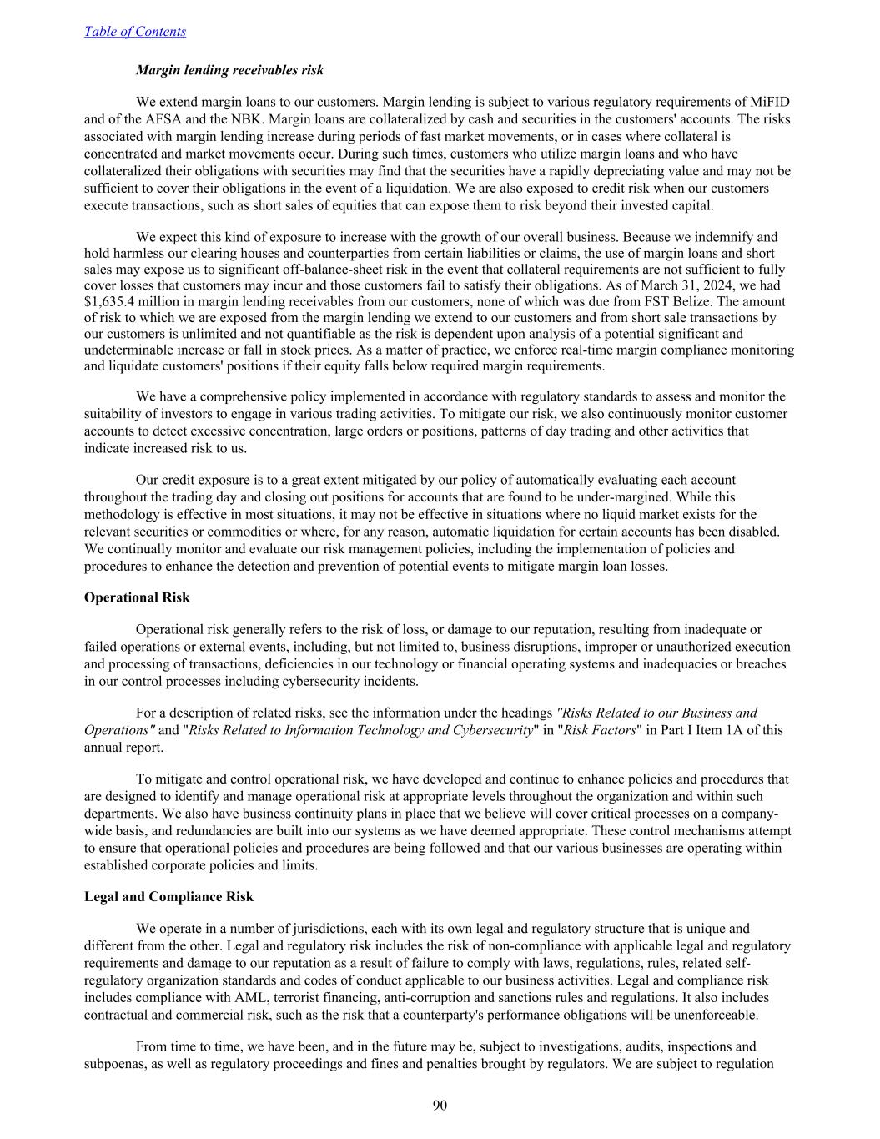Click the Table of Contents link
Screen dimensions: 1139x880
tap(135, 32)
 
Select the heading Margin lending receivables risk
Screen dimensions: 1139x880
tap(229, 70)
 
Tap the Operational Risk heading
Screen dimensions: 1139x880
tap(137, 597)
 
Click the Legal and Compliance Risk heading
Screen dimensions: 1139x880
tap(168, 896)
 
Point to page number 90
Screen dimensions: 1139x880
tap(440, 1106)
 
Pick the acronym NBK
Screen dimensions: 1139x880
tap(265, 119)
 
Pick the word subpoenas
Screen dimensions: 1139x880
tap(114, 1064)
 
